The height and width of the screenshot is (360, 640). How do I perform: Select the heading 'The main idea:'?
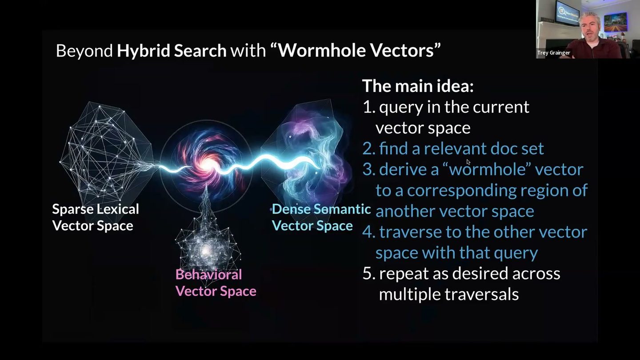pos(418,86)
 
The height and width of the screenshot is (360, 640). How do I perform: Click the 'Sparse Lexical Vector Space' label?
pos(96,217)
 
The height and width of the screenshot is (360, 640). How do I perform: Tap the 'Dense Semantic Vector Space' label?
pos(321,217)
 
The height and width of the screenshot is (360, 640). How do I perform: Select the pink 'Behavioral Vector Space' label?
pos(216,283)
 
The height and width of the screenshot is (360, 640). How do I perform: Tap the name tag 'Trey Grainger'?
pos(553,53)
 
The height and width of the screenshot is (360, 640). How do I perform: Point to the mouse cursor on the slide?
pos(468,162)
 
